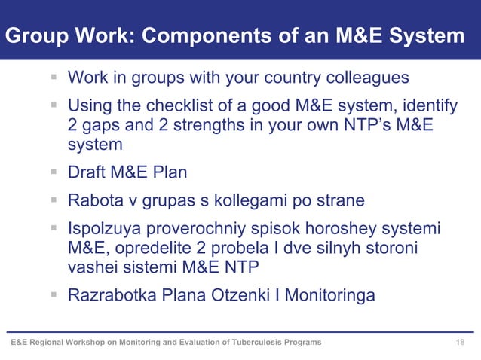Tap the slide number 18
click(461, 343)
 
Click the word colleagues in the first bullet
click(368, 78)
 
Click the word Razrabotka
click(111, 296)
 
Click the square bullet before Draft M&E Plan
click(55, 172)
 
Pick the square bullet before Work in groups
click(55, 78)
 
